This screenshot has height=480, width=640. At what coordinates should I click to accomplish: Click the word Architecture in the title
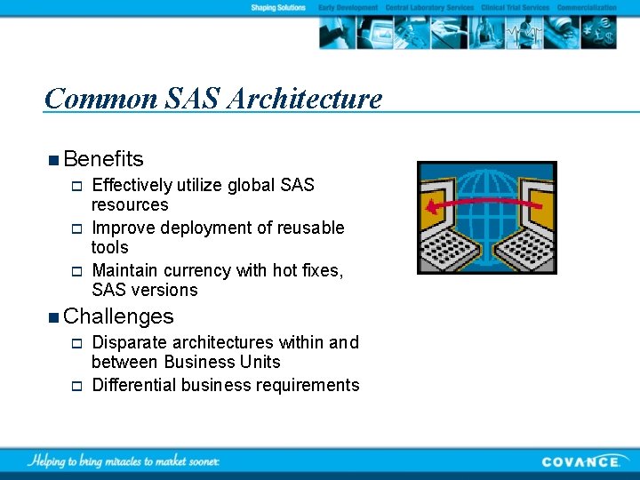(x=304, y=99)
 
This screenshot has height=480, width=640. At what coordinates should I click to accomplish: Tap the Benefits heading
(x=103, y=159)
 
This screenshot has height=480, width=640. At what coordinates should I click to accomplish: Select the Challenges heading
(x=118, y=316)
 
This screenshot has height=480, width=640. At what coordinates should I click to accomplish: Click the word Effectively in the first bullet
(x=132, y=185)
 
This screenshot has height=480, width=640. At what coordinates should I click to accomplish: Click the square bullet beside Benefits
(x=55, y=160)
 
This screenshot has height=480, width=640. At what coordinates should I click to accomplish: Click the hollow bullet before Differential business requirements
(x=76, y=386)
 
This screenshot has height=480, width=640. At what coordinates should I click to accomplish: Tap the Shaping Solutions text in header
(x=278, y=7)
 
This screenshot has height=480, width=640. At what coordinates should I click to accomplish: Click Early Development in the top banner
(x=348, y=7)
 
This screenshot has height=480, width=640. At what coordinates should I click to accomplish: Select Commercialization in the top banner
(x=586, y=7)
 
